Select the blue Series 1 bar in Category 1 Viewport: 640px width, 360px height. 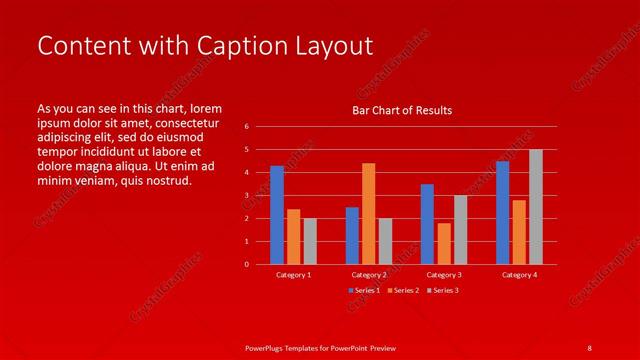pyautogui.click(x=277, y=215)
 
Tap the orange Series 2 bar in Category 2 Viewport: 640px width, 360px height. pyautogui.click(x=368, y=213)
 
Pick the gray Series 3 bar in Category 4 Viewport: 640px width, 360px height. pyautogui.click(x=536, y=207)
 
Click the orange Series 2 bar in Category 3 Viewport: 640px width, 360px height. pyautogui.click(x=444, y=243)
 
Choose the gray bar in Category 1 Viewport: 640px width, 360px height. pyautogui.click(x=310, y=241)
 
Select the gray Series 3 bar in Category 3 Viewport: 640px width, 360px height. pyautogui.click(x=460, y=229)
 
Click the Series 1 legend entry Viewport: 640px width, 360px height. pyautogui.click(x=364, y=290)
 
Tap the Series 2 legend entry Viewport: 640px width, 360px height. pyautogui.click(x=402, y=290)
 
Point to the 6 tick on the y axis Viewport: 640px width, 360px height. pyautogui.click(x=246, y=127)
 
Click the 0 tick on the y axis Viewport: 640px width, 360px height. pyautogui.click(x=246, y=265)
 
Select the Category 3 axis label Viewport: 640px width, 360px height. pyautogui.click(x=444, y=274)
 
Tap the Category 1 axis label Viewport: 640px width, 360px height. pyautogui.click(x=293, y=274)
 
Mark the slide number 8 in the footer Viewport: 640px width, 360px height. pyautogui.click(x=589, y=347)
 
